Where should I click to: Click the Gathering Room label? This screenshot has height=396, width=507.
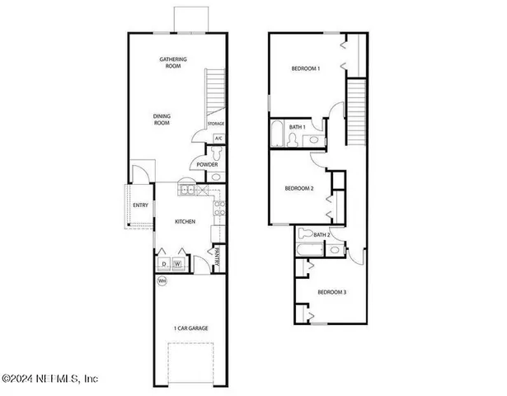pos(173,64)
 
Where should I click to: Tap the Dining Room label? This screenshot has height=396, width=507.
pos(162,120)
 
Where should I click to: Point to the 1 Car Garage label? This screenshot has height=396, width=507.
pos(190,328)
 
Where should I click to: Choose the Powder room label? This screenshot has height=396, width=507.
pos(207,165)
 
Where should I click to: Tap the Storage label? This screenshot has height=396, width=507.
pos(216,124)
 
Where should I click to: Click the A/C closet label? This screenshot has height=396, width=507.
pos(218,139)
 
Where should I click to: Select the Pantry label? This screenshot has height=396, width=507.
pos(217,257)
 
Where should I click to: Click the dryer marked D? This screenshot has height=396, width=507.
pos(163,264)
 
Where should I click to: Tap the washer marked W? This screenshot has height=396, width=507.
pos(176,264)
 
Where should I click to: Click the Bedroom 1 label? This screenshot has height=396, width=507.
pos(307,68)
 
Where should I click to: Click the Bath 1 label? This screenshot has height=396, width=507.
pos(297,127)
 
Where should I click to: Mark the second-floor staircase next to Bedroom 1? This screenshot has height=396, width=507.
pos(356,111)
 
